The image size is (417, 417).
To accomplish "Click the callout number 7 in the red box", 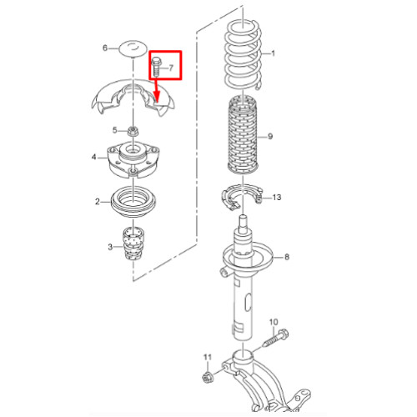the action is coord(171,68).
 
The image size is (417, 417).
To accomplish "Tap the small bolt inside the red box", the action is coord(156,67).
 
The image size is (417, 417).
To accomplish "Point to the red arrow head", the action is coord(157,98).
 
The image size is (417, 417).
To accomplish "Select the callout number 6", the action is coord(105,48).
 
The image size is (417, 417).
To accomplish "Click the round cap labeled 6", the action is coord(133,48).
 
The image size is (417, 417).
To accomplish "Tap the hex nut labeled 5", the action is coord(133,131).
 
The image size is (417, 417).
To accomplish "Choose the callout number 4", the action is coord(93,157).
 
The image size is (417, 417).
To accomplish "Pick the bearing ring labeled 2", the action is coord(134,202).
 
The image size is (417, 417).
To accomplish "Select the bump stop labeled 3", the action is coord(133,244).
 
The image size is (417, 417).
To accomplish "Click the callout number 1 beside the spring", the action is coord(273,53).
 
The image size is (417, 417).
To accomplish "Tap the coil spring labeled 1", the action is coord(243,56).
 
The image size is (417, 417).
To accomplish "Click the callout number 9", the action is coord(270,137).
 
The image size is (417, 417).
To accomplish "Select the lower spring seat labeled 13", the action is coord(242,197).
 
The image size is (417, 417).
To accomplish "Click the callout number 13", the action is coord(277,198).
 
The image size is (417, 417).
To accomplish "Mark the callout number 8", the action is coord(287,257).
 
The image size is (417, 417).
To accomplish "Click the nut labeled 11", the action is coord(207,377).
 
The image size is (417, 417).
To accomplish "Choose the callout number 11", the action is coord(208,357).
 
